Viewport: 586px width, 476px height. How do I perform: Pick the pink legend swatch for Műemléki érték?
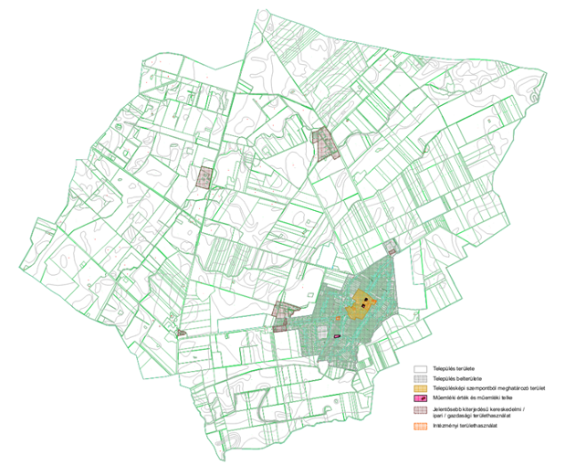coord(420,400)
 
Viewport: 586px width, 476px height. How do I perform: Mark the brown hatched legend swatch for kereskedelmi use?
coord(420,414)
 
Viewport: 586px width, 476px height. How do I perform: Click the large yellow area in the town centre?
coord(360,305)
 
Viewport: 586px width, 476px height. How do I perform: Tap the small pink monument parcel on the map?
coord(338,336)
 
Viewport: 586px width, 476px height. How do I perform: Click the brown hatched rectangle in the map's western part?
coord(206,177)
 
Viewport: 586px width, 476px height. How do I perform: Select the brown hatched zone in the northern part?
coord(323,143)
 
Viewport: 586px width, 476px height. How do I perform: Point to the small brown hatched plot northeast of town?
coord(391,246)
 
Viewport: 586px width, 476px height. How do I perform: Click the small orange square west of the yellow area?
coord(338,317)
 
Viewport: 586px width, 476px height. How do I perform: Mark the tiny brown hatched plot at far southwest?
coord(182,333)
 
